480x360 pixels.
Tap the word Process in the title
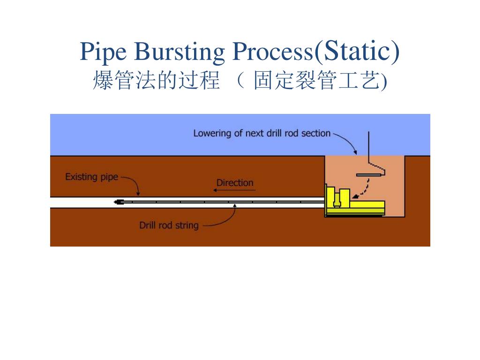(x=270, y=52)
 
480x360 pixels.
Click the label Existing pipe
(x=91, y=177)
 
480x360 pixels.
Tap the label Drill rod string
(x=169, y=225)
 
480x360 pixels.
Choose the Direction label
(x=234, y=183)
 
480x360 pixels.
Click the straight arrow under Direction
(x=234, y=190)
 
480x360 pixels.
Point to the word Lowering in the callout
(x=212, y=133)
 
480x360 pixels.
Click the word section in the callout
(x=316, y=133)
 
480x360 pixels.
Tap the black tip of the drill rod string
(x=118, y=202)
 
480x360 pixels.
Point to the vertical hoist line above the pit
(x=369, y=147)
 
